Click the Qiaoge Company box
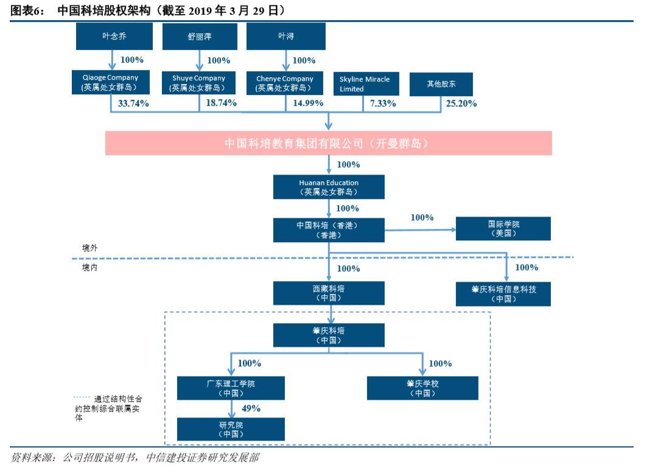(111, 82)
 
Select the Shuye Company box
(199, 83)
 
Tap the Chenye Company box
(285, 83)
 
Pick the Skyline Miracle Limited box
(366, 84)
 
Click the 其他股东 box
(441, 84)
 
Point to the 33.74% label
(133, 103)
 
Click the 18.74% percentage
(221, 103)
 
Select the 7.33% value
(383, 103)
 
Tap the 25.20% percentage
(461, 103)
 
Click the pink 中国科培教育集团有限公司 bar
(328, 143)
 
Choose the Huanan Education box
(329, 187)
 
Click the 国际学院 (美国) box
(503, 228)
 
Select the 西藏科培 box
(329, 293)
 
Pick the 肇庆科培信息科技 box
(503, 294)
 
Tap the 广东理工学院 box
(231, 388)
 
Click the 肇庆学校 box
(422, 388)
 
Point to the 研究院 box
(231, 429)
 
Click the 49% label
(251, 408)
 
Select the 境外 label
(90, 248)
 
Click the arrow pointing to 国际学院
(420, 229)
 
